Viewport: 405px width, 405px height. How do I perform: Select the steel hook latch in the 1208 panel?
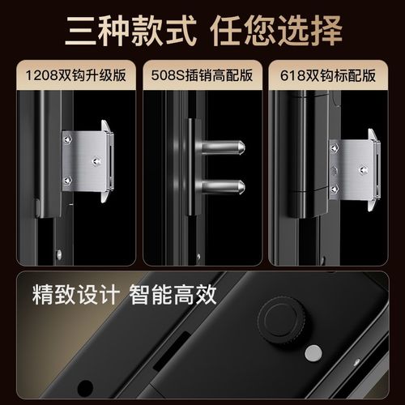89,161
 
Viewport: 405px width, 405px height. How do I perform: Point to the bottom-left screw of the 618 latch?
335,189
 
